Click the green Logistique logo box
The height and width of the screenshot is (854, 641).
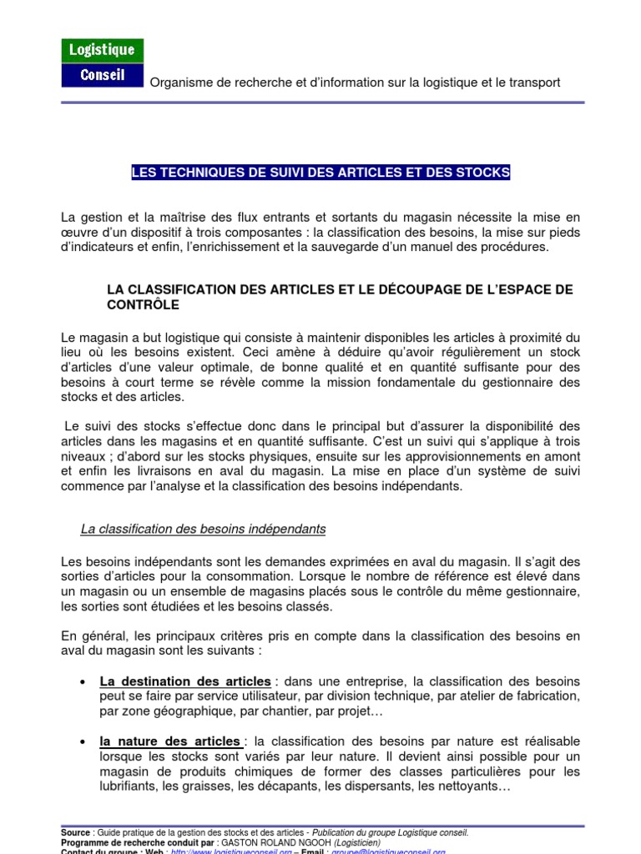103,51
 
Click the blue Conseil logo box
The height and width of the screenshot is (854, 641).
103,75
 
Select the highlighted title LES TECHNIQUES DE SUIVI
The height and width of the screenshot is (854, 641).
320,173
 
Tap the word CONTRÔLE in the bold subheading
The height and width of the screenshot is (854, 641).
143,304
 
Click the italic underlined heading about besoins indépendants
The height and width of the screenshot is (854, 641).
203,529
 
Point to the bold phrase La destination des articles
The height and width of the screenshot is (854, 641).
185,681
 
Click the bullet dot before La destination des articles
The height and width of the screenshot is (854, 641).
82,681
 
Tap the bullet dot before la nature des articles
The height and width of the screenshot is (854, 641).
82,742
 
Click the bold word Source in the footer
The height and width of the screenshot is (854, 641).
76,832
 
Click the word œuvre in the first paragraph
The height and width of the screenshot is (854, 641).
79,232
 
